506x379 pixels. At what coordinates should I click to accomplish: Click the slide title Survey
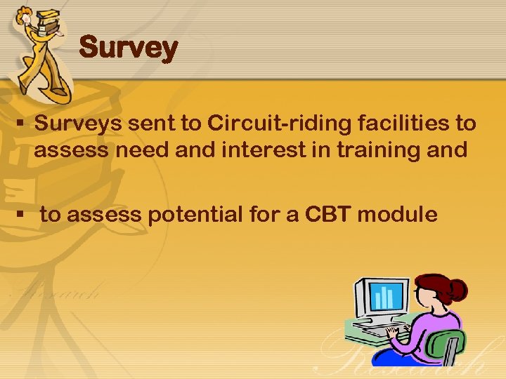point(129,48)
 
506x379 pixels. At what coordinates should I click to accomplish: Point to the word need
point(143,150)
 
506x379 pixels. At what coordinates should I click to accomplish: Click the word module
point(397,214)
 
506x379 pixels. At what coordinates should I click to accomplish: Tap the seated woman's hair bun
point(458,288)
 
